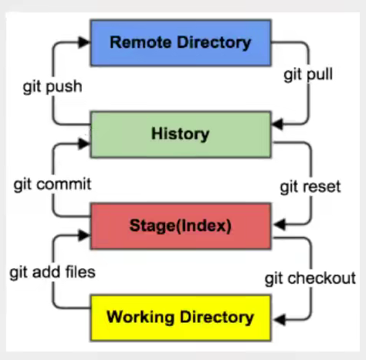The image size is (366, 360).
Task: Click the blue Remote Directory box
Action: (181, 42)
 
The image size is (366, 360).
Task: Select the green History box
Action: (181, 134)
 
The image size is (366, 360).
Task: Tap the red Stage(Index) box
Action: (181, 226)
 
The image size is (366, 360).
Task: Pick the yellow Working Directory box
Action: (181, 318)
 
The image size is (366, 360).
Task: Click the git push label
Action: (53, 87)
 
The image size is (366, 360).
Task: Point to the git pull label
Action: (308, 75)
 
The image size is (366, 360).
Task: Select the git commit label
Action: (53, 185)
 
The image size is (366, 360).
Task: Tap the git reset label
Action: (310, 187)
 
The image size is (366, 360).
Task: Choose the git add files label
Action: (53, 272)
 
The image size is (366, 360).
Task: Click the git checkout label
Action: (310, 279)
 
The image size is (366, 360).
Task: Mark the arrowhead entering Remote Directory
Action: (84, 42)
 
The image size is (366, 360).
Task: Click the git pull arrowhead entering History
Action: (278, 124)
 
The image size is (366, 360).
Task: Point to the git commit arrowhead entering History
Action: (84, 144)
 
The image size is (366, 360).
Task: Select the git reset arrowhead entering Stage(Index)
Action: (280, 224)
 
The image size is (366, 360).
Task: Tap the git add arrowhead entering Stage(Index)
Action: (84, 235)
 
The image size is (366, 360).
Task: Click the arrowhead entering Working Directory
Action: (280, 319)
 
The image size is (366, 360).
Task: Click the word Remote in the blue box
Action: (141, 42)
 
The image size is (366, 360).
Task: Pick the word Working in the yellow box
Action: (141, 318)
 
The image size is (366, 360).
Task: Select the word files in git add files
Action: (80, 272)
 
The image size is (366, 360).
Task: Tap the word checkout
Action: (322, 278)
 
